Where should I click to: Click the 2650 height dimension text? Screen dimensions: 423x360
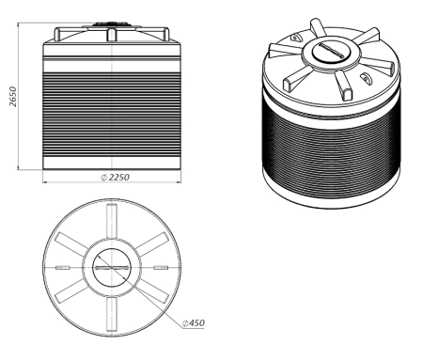(13, 97)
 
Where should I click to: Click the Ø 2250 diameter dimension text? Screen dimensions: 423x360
(115, 178)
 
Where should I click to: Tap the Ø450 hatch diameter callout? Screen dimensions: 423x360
(194, 323)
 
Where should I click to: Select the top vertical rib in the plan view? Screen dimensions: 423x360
(112, 221)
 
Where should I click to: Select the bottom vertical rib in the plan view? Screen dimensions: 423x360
(112, 314)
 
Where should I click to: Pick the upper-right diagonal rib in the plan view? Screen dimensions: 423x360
(152, 244)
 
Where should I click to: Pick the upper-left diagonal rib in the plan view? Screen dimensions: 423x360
(71, 244)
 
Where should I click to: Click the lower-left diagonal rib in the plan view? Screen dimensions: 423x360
(71, 290)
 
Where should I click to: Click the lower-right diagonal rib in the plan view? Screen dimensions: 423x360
(152, 290)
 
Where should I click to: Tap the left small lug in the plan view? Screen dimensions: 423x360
(63, 268)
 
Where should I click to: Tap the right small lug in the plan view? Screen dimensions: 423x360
(161, 268)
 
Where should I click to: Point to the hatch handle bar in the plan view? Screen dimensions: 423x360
(112, 268)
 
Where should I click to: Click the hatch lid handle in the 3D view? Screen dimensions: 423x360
(331, 50)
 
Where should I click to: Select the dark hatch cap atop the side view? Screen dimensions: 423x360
(112, 23)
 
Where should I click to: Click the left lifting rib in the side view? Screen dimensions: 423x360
(57, 34)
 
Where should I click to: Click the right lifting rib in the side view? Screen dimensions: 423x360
(166, 34)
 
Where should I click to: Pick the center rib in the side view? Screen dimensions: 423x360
(112, 35)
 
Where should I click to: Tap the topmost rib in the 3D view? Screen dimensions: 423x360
(318, 27)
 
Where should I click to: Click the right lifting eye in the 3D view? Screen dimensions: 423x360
(366, 78)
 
